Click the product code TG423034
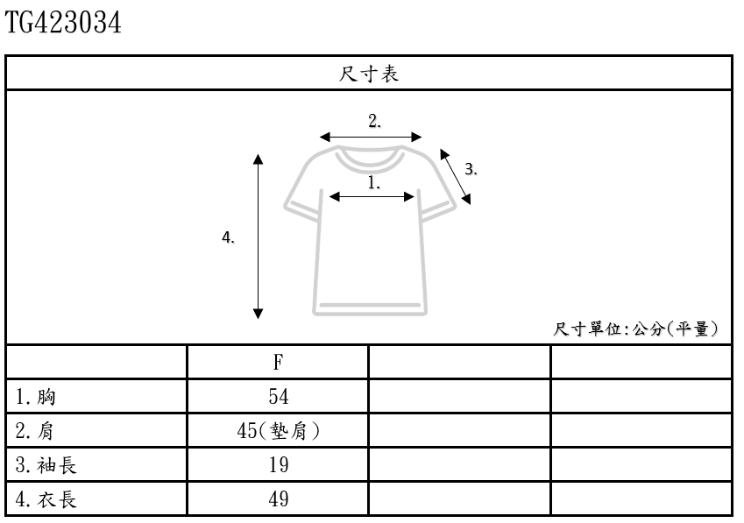click(x=63, y=23)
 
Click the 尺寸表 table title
click(x=369, y=74)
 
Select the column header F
click(x=278, y=362)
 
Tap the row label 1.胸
click(x=37, y=397)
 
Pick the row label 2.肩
click(x=37, y=431)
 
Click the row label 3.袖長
click(x=46, y=465)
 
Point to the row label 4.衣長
click(x=46, y=499)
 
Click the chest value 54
click(x=278, y=397)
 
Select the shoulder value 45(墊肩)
click(x=278, y=431)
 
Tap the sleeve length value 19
click(x=278, y=465)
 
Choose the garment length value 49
click(x=278, y=499)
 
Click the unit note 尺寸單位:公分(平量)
click(x=637, y=329)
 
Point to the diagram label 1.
click(x=373, y=183)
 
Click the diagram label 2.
click(x=374, y=122)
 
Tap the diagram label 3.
click(x=471, y=170)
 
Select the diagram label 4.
click(x=229, y=237)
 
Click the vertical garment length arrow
click(x=259, y=237)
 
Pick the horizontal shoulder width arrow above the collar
click(x=371, y=137)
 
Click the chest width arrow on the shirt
click(x=372, y=197)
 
